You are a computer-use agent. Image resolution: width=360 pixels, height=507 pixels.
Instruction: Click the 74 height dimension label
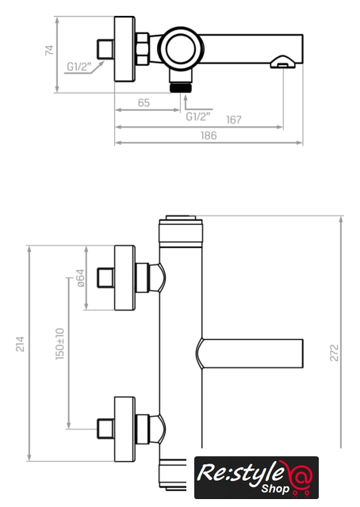49,50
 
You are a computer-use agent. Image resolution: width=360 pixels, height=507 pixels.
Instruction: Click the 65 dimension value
144,103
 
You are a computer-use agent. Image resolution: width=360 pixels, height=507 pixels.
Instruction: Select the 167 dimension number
234,120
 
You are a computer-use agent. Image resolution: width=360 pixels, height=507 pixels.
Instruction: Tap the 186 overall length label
209,135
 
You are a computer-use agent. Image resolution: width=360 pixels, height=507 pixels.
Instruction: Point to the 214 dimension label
20,344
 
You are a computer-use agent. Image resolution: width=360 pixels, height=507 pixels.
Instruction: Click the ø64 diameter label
80,278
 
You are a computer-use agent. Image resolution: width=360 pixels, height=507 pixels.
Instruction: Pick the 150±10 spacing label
60,344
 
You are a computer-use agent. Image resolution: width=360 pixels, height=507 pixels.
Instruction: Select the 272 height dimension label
334,353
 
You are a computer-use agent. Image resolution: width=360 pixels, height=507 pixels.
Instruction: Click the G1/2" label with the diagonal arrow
79,67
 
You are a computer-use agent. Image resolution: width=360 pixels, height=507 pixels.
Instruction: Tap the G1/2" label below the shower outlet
198,116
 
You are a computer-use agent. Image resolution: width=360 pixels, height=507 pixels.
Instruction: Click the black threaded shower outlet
181,87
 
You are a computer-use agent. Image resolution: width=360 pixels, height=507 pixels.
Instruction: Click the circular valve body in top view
181,49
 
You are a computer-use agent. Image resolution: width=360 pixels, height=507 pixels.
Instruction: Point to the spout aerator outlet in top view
283,62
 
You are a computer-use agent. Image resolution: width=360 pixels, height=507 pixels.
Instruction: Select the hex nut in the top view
143,48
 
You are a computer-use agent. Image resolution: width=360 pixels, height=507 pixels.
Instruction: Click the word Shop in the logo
275,489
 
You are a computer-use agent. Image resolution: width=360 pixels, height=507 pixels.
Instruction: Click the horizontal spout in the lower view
250,353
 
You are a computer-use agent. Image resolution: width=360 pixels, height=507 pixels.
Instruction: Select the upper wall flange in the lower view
124,278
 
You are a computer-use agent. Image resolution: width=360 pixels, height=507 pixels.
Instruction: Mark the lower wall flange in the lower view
124,429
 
